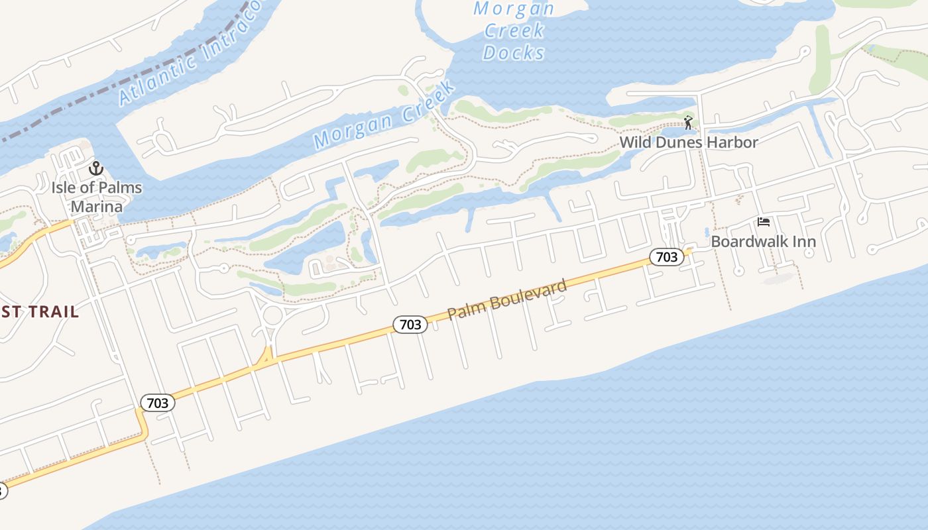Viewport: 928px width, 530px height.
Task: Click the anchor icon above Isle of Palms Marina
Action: tap(97, 169)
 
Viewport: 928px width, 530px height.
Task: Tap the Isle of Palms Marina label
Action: tap(97, 197)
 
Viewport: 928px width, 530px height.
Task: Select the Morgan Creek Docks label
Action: tap(514, 30)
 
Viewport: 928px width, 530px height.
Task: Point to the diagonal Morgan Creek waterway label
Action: tap(385, 114)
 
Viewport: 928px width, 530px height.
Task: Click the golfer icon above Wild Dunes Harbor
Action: tap(688, 123)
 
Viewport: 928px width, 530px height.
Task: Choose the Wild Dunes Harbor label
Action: tap(688, 142)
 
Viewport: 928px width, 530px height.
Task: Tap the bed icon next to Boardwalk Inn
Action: tap(764, 222)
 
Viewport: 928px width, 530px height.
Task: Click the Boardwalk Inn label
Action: tap(763, 241)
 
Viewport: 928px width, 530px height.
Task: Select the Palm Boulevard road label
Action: tap(508, 299)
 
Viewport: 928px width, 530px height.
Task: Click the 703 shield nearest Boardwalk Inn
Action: tap(666, 257)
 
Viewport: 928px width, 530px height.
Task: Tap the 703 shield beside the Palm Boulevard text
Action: tap(410, 324)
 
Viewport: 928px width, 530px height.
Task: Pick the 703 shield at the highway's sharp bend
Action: tap(158, 402)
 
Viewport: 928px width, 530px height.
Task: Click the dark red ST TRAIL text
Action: tap(40, 311)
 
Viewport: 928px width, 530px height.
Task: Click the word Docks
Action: tap(514, 52)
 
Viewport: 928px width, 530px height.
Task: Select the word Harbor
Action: tap(732, 142)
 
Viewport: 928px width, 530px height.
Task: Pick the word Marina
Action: tap(97, 206)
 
